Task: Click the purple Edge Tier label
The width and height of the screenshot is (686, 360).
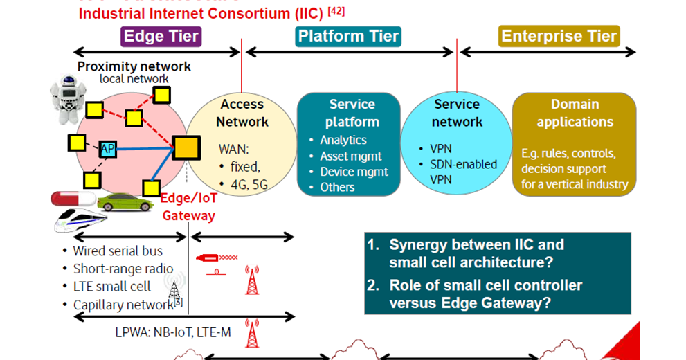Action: (x=161, y=36)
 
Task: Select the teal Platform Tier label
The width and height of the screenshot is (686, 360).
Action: (x=348, y=36)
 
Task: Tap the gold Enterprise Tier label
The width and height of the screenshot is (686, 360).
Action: (x=559, y=36)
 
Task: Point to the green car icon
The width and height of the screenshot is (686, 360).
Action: (x=125, y=202)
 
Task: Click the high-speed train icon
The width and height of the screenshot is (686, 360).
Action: (x=80, y=221)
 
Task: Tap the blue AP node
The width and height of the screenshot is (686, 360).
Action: (x=107, y=149)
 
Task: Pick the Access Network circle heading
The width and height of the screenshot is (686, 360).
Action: (x=242, y=113)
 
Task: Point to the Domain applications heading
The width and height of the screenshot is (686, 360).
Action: (x=575, y=113)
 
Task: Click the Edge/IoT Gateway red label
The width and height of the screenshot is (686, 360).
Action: (x=188, y=206)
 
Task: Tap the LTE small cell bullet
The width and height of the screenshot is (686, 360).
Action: (x=111, y=287)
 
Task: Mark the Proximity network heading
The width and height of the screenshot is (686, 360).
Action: (x=134, y=66)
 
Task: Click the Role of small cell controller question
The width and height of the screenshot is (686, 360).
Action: (x=485, y=294)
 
